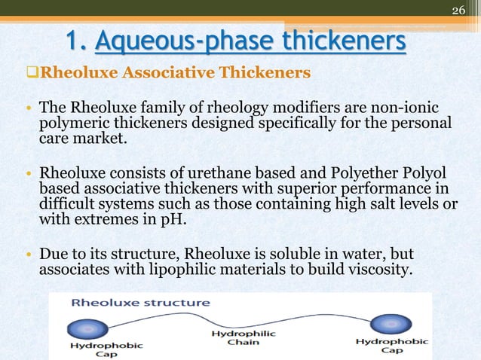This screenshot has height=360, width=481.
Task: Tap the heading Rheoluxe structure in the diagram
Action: click(x=140, y=304)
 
